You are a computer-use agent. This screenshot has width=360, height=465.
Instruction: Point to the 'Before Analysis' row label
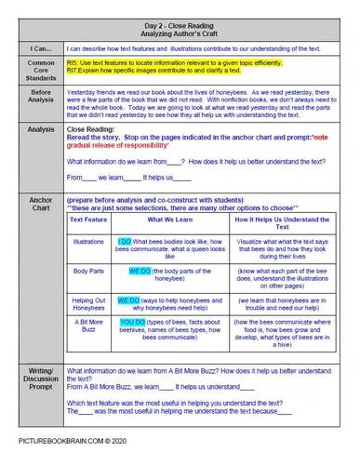click(x=39, y=98)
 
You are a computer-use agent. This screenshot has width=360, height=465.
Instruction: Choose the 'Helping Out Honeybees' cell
click(x=89, y=305)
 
